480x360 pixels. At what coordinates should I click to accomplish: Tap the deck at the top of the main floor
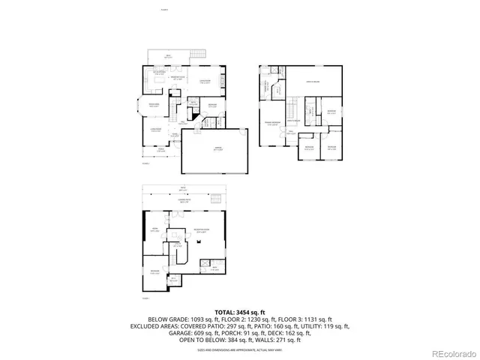click(169, 56)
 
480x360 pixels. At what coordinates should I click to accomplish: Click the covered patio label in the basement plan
click(182, 201)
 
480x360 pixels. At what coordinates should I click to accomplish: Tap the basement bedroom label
click(154, 272)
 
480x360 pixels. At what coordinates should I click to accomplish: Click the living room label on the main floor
click(158, 129)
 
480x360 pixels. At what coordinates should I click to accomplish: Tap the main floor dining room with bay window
click(153, 105)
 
